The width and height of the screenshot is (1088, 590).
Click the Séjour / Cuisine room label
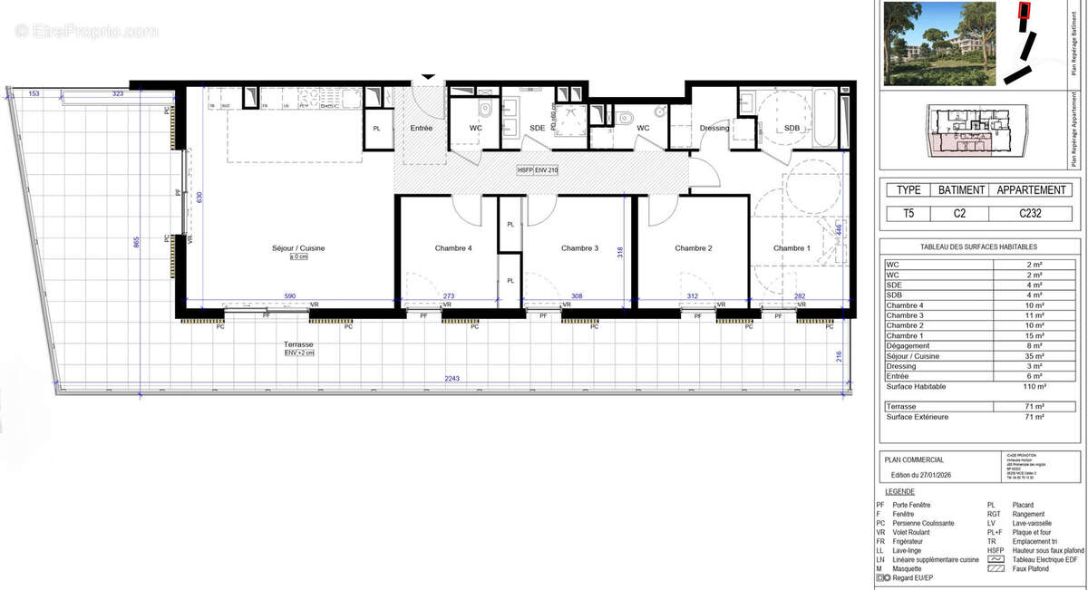click(297, 248)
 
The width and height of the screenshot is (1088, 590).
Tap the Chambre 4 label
click(453, 248)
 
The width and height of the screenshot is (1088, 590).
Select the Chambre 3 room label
click(579, 248)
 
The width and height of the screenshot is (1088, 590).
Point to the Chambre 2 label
click(693, 248)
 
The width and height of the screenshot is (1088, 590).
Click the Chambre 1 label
click(792, 248)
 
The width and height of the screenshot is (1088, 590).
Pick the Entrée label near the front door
click(422, 128)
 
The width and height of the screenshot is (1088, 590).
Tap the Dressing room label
click(714, 128)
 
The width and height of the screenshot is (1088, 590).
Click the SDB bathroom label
click(792, 128)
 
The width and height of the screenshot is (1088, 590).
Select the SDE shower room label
click(538, 128)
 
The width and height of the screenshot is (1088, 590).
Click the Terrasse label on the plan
click(297, 344)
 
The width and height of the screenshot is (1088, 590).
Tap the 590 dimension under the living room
click(290, 296)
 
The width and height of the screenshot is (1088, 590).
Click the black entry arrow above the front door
click(428, 78)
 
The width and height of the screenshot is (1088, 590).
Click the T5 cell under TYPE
click(908, 215)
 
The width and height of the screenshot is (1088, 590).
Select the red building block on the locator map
click(1025, 11)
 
